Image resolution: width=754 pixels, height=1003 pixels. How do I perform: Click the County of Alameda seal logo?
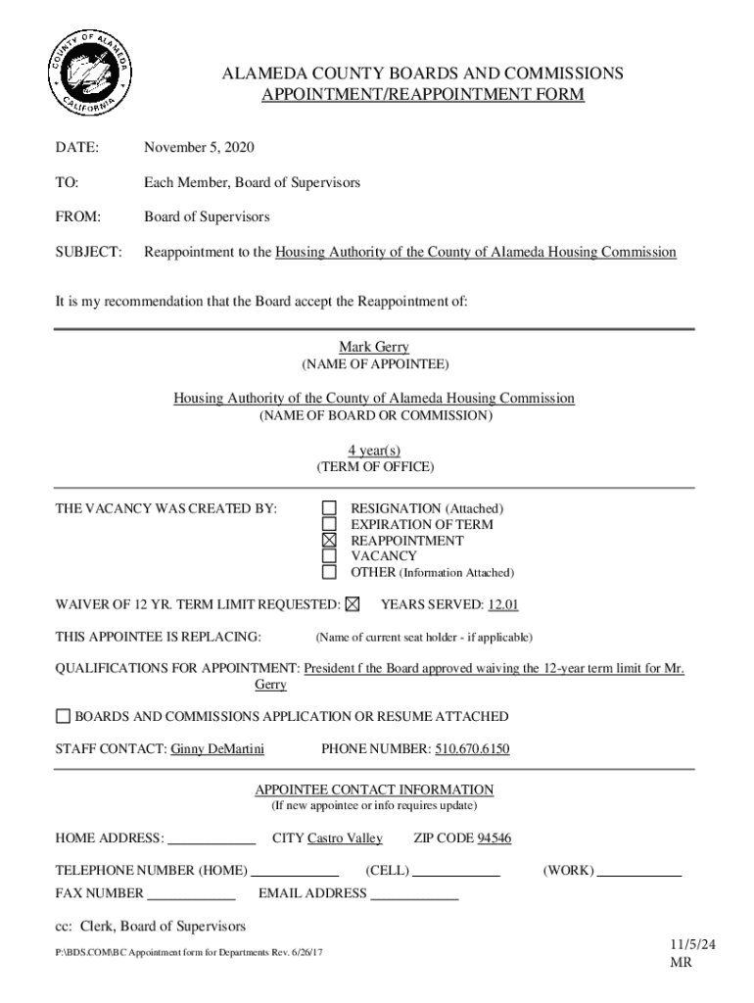(x=89, y=73)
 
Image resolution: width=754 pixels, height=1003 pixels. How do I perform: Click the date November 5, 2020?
(x=199, y=148)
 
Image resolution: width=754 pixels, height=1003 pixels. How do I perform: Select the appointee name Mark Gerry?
(x=374, y=347)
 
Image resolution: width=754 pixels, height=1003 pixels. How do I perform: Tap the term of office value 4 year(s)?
(x=374, y=450)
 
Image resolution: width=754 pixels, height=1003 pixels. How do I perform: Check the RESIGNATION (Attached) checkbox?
(x=330, y=508)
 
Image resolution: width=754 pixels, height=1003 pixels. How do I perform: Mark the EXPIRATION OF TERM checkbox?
(x=330, y=524)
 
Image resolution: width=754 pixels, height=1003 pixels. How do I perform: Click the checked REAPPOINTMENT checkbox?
(x=330, y=540)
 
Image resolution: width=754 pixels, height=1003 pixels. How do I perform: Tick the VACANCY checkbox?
(x=330, y=555)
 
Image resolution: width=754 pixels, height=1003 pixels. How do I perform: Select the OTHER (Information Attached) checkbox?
(x=330, y=571)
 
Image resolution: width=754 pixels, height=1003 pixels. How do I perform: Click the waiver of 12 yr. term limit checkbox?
(x=353, y=604)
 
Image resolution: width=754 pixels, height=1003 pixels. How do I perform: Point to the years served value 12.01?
(x=500, y=604)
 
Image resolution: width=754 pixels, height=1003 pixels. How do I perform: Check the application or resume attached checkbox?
(x=64, y=716)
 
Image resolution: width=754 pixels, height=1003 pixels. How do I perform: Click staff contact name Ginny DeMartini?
(x=217, y=749)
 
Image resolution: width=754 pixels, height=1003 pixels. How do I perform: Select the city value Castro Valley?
(x=345, y=838)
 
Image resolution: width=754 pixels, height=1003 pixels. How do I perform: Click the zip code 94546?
(x=494, y=838)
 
